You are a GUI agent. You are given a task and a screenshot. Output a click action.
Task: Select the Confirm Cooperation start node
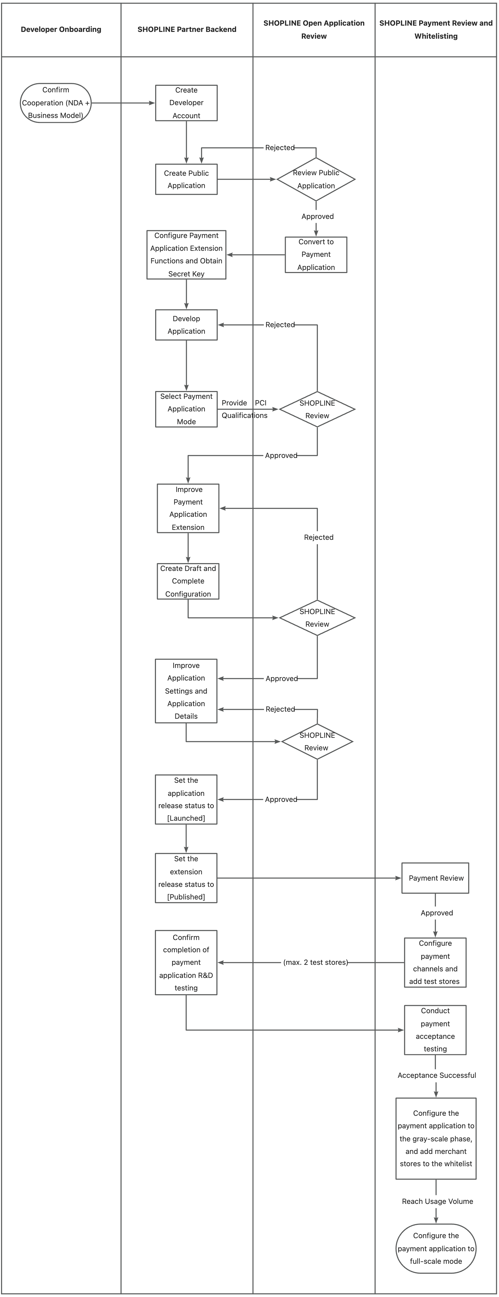56,103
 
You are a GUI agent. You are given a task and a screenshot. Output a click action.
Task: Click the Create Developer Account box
186,103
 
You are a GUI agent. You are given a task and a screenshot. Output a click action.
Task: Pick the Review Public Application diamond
316,179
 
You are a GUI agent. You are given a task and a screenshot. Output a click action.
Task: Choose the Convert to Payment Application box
316,255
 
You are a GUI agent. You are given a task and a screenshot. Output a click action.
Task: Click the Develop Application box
186,325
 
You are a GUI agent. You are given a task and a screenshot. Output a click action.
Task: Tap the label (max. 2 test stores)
316,962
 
